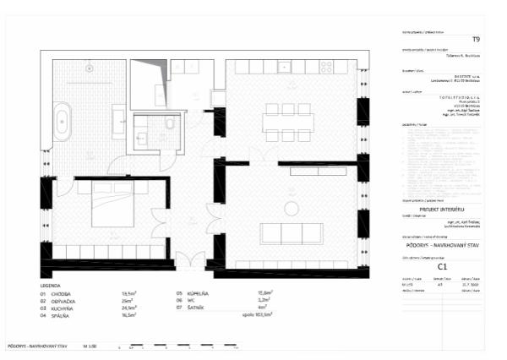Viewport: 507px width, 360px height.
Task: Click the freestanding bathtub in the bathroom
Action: [x=63, y=123]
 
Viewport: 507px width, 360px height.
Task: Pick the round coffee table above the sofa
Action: [x=292, y=208]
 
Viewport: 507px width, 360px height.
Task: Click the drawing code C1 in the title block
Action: [x=442, y=265]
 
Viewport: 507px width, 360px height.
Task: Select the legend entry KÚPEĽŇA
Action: [x=199, y=294]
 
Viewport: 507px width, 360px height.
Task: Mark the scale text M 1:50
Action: [x=89, y=346]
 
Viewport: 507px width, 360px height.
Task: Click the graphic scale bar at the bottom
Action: [x=177, y=347]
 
